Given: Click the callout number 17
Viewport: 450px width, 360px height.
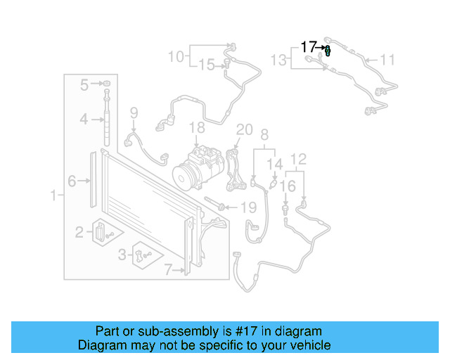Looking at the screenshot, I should (x=309, y=48).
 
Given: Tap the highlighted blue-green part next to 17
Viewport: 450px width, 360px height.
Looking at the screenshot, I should (x=328, y=49).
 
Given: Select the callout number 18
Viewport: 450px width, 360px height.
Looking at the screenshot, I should (x=197, y=128).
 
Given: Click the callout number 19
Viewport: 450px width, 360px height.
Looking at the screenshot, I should (x=249, y=207).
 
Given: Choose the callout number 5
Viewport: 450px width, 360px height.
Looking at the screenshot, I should (x=84, y=85).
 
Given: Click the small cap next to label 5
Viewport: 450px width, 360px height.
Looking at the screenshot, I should (x=107, y=84).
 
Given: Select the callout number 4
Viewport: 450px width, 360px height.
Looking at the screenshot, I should (x=84, y=120).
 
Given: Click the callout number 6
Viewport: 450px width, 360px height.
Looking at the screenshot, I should (x=72, y=181).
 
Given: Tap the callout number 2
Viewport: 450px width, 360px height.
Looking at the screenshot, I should (x=79, y=230).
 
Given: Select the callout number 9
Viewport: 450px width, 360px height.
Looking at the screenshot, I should (x=134, y=112).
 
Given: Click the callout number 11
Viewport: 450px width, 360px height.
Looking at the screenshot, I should (x=388, y=59).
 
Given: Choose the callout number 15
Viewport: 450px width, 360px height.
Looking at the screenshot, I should (x=206, y=65).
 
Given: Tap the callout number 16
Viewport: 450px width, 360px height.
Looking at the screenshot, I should (x=288, y=186).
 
